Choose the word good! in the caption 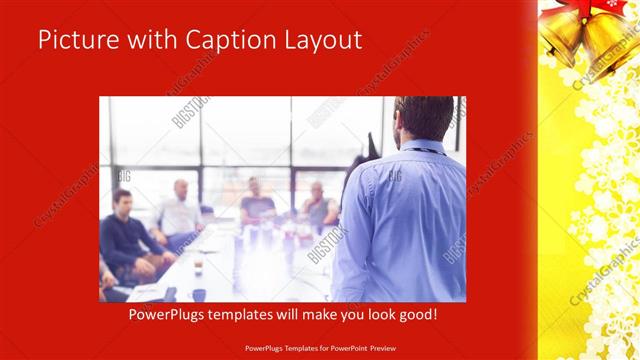tap(415, 314)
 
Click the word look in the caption tap(376, 314)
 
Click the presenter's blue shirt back tap(405, 220)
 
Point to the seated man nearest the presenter tap(319, 205)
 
